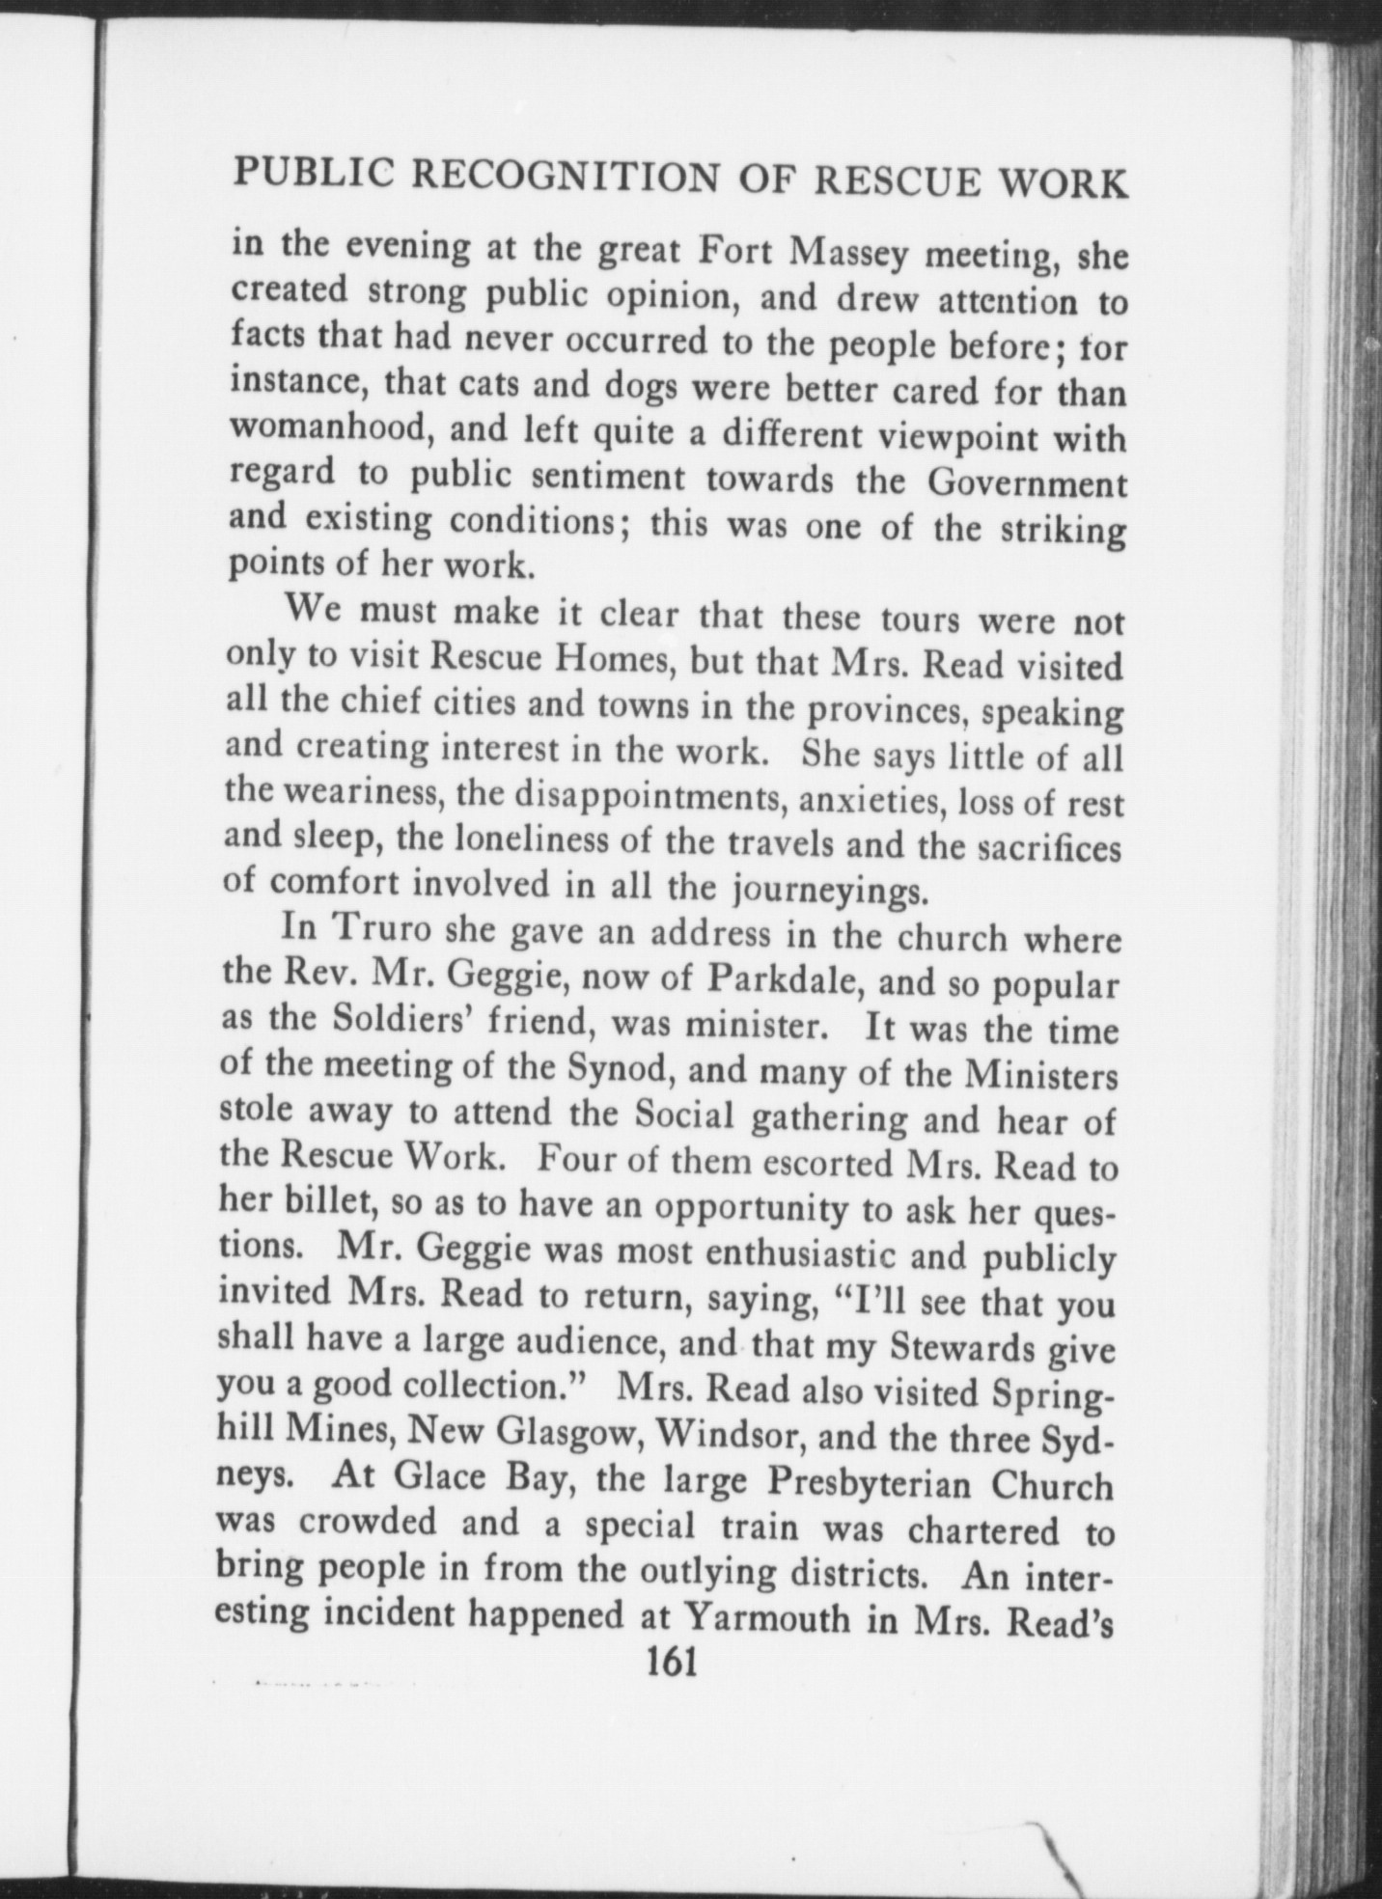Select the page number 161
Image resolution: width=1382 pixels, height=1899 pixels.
pos(673,1665)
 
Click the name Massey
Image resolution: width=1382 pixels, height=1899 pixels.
pos(848,254)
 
